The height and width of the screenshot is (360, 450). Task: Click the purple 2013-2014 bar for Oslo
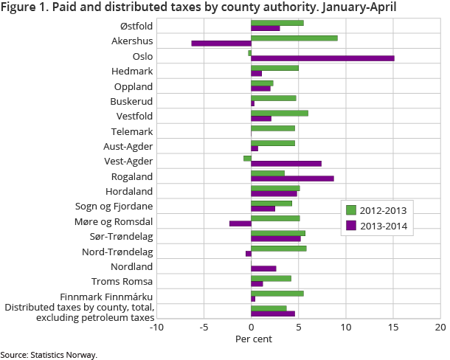322,58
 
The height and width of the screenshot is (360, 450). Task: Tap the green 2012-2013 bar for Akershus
294,38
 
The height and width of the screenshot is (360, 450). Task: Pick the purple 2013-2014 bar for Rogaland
292,179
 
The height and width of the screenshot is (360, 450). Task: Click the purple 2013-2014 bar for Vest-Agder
286,164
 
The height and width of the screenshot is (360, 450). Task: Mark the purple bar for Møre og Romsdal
240,224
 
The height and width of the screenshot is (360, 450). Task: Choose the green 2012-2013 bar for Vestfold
280,113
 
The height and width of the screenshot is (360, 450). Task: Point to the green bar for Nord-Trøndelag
279,249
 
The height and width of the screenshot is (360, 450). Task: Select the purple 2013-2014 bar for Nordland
263,269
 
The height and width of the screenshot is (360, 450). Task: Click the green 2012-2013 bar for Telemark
273,128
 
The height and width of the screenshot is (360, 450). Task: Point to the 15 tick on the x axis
393,327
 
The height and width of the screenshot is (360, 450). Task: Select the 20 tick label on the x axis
441,327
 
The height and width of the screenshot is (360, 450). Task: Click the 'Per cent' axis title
254,339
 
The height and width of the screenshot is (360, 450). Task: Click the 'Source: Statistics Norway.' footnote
49,355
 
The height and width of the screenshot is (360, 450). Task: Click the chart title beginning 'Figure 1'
199,8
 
